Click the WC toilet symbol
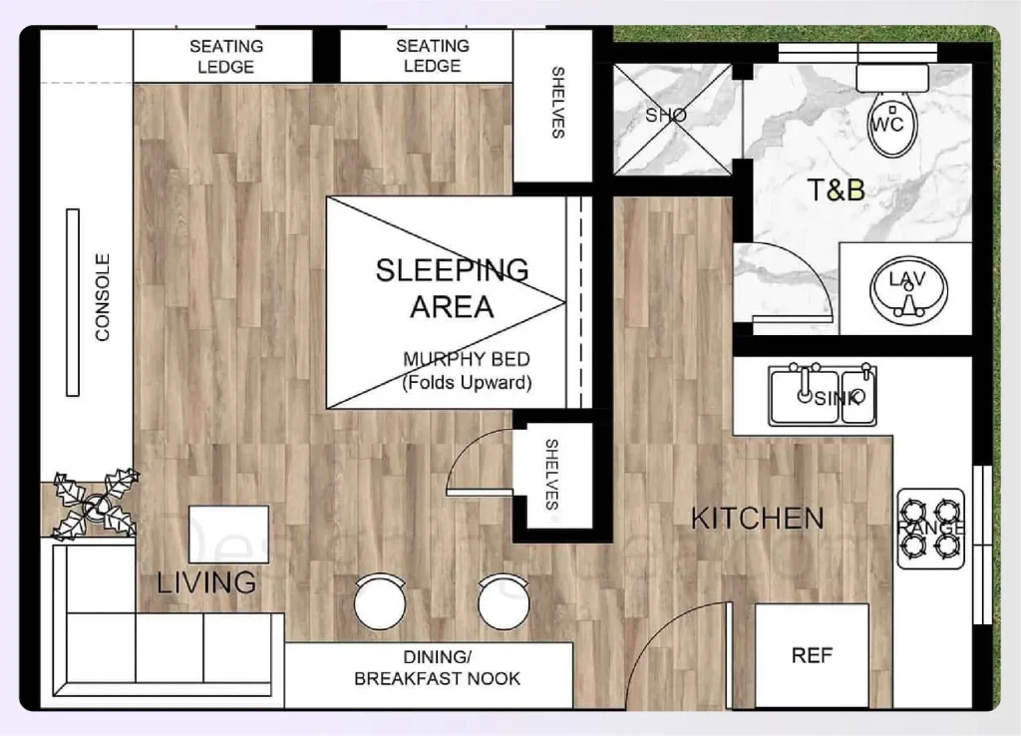[x=893, y=123]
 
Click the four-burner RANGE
[x=930, y=528]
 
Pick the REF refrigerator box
[x=812, y=655]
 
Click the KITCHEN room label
[x=758, y=519]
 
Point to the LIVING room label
[x=206, y=582]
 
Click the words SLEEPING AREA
[x=452, y=287]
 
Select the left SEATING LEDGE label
[x=226, y=57]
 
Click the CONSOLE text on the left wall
[x=103, y=298]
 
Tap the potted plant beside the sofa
[x=96, y=505]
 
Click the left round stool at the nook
[x=380, y=601]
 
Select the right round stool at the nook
[x=502, y=601]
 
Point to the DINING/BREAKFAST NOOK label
[x=437, y=667]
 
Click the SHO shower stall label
[x=666, y=116]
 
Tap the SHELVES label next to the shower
[x=557, y=103]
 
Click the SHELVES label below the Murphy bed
[x=552, y=475]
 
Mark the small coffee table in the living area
[x=228, y=535]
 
